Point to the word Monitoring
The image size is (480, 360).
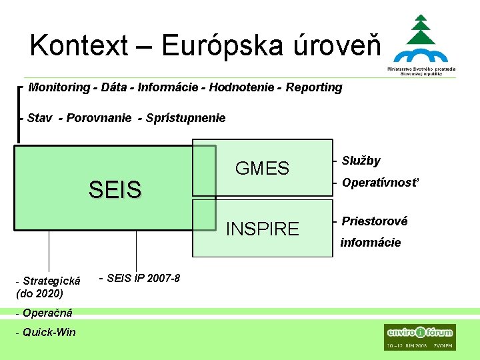[59, 87]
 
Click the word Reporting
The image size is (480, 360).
[314, 87]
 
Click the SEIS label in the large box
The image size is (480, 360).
[115, 191]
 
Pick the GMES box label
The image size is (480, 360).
[262, 169]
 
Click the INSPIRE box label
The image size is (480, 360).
[262, 229]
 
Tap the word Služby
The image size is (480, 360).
[361, 161]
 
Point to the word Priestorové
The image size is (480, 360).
[374, 221]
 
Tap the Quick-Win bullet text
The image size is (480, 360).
[49, 332]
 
